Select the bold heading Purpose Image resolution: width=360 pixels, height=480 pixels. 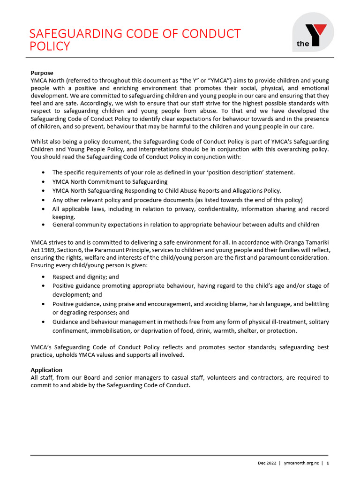click(42, 73)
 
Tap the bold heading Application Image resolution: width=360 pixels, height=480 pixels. click(46, 370)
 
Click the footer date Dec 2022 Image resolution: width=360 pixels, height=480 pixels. click(266, 463)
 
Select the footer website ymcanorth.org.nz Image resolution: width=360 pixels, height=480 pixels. click(301, 463)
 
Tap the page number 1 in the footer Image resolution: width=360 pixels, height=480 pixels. click(327, 463)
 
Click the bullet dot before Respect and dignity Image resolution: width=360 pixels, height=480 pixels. click(44, 277)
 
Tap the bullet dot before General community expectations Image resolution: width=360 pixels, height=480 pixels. click(44, 225)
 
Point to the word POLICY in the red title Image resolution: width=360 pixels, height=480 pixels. click(49, 46)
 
